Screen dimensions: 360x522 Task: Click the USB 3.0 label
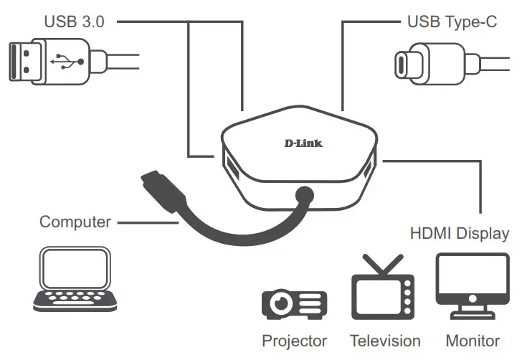click(x=74, y=22)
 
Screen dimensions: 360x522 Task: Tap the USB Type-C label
click(x=452, y=22)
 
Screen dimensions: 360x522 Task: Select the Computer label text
click(x=75, y=222)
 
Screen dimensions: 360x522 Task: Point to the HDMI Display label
click(x=460, y=234)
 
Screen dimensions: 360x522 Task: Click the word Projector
click(x=294, y=341)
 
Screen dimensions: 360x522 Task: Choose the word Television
click(x=385, y=341)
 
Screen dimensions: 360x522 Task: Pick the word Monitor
click(x=473, y=341)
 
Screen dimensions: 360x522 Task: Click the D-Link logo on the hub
click(x=303, y=143)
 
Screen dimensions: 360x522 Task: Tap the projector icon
click(x=294, y=303)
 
